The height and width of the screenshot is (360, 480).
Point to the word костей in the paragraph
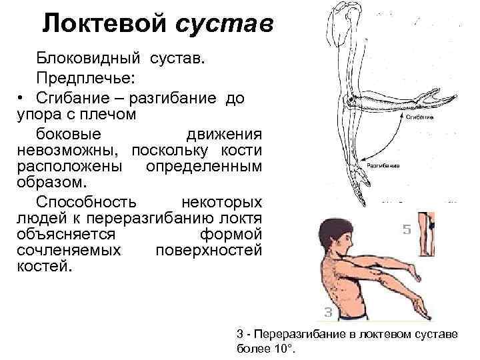tap(46, 266)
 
